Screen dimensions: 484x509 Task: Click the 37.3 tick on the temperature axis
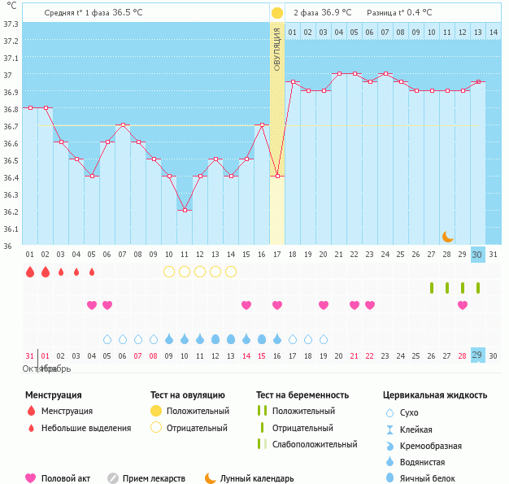pyautogui.click(x=11, y=24)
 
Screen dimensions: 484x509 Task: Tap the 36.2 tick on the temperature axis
pyautogui.click(x=11, y=211)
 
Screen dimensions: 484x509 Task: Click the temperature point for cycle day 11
pyautogui.click(x=185, y=210)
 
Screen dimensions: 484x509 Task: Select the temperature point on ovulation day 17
pyautogui.click(x=277, y=176)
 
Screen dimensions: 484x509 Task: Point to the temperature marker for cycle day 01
pyautogui.click(x=30, y=107)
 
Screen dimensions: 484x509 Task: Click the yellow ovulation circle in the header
pyautogui.click(x=277, y=13)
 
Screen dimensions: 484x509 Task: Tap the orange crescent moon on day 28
pyautogui.click(x=447, y=236)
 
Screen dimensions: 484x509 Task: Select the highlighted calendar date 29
pyautogui.click(x=478, y=355)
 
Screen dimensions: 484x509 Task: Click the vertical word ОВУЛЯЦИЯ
pyautogui.click(x=277, y=49)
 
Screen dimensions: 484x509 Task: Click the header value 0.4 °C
pyautogui.click(x=419, y=13)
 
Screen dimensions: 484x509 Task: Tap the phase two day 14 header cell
pyautogui.click(x=493, y=32)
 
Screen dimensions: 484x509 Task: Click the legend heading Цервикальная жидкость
pyautogui.click(x=435, y=395)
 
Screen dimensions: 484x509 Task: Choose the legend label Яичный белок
pyautogui.click(x=427, y=478)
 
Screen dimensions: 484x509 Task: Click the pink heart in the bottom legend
pyautogui.click(x=31, y=478)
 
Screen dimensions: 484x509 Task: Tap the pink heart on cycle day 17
pyautogui.click(x=277, y=305)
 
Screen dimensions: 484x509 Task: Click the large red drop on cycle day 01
pyautogui.click(x=30, y=272)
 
